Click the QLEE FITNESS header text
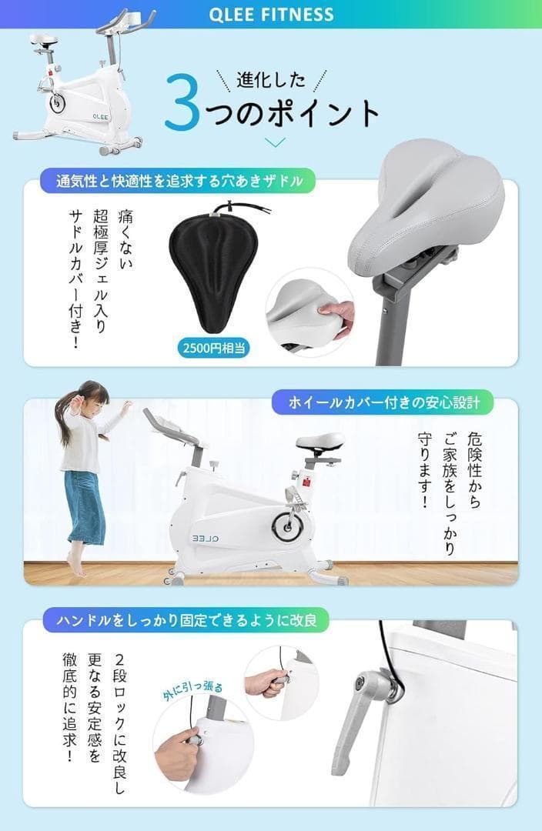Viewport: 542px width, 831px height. pyautogui.click(x=270, y=14)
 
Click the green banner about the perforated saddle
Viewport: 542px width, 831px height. pyautogui.click(x=178, y=182)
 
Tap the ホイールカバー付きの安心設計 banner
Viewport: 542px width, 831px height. pyautogui.click(x=383, y=402)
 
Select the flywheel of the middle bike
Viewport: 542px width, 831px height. pyautogui.click(x=289, y=525)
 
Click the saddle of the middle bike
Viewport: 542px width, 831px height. pyautogui.click(x=320, y=442)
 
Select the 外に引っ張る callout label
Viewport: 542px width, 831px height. pyautogui.click(x=192, y=679)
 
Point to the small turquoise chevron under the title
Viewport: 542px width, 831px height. pyautogui.click(x=275, y=142)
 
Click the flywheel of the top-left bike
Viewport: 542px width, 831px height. pyautogui.click(x=59, y=102)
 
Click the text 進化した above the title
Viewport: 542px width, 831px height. pyautogui.click(x=271, y=78)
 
